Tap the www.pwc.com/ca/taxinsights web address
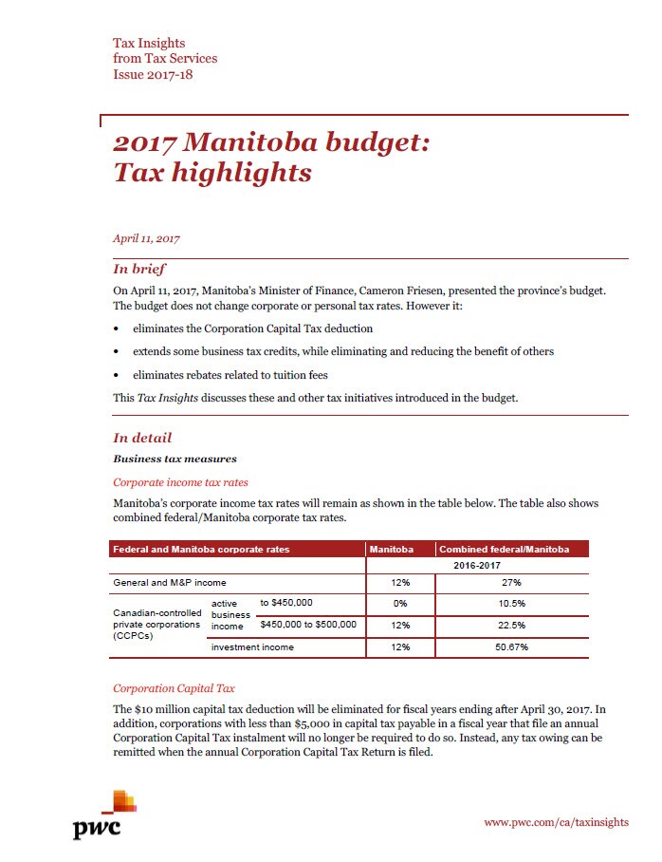pyautogui.click(x=556, y=822)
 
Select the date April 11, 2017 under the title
pyautogui.click(x=146, y=238)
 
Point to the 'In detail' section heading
pyautogui.click(x=142, y=438)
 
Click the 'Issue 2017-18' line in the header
pyautogui.click(x=153, y=74)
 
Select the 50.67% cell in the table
pyautogui.click(x=512, y=647)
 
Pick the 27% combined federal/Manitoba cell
pyautogui.click(x=512, y=582)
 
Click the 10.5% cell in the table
pyautogui.click(x=512, y=604)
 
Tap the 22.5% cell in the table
pyautogui.click(x=512, y=625)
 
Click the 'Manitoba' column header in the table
pyautogui.click(x=391, y=550)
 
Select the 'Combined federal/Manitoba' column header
pyautogui.click(x=504, y=550)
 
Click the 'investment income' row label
pyautogui.click(x=252, y=647)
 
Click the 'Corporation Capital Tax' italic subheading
pyautogui.click(x=174, y=688)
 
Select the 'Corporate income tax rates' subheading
pyautogui.click(x=180, y=482)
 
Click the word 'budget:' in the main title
pyautogui.click(x=376, y=143)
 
